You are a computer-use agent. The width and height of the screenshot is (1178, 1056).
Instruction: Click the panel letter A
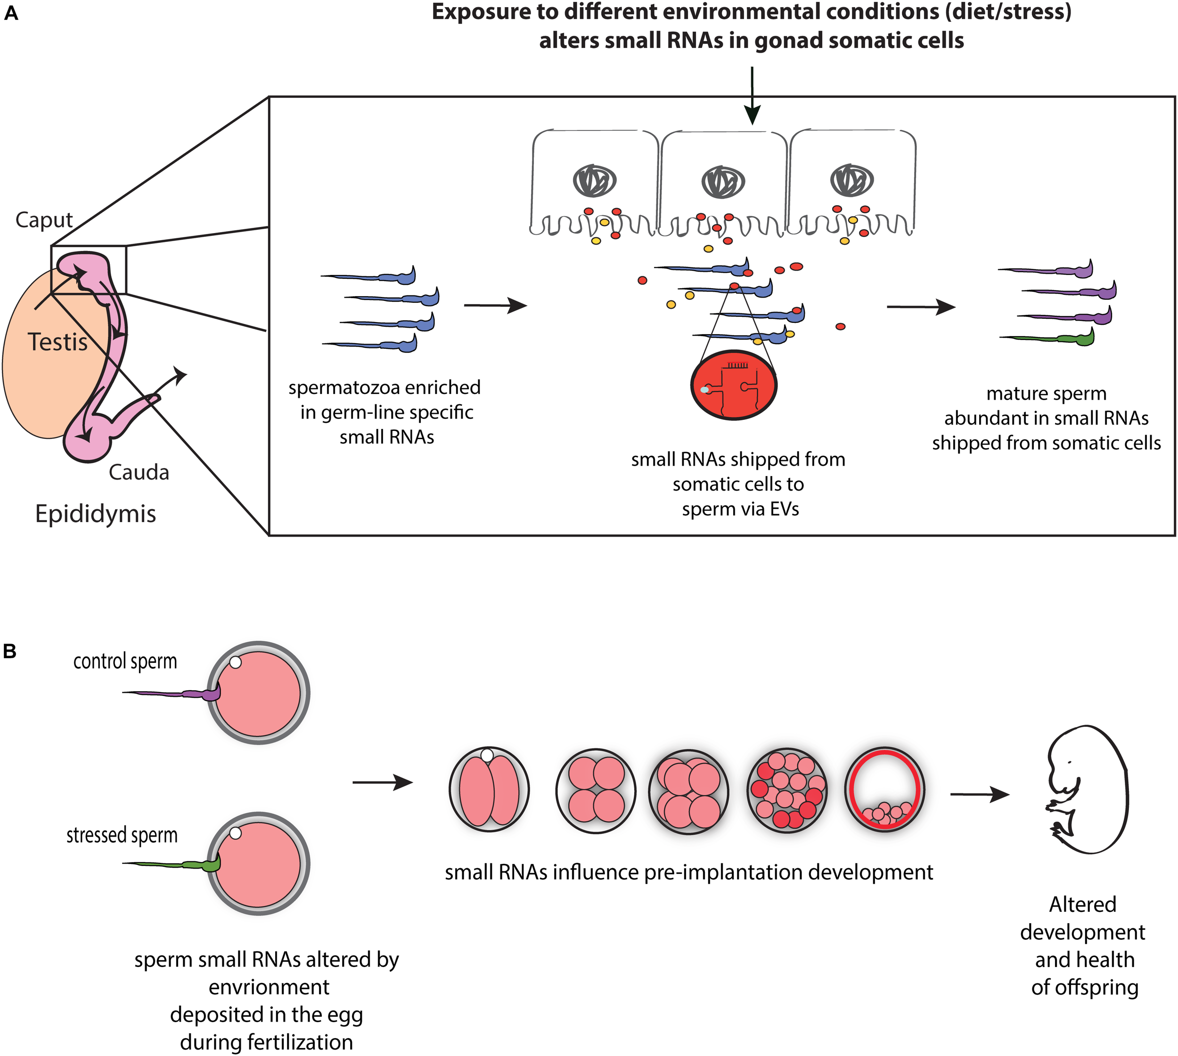point(10,13)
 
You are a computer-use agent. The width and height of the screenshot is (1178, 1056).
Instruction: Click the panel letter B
point(9,652)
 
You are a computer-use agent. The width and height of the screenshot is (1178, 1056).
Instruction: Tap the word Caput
point(43,220)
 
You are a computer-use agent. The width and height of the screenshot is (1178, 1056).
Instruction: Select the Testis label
point(57,342)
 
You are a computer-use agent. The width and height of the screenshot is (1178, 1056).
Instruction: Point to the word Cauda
point(139,472)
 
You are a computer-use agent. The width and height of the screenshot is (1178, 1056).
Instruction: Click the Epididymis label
point(95,514)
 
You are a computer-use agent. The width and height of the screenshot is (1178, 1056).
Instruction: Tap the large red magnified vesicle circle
point(733,385)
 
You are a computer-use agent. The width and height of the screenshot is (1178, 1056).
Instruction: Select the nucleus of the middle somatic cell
point(723,182)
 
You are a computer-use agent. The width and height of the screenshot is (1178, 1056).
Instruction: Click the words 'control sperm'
point(125,661)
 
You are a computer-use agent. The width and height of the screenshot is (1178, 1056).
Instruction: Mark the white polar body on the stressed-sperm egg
point(235,833)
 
